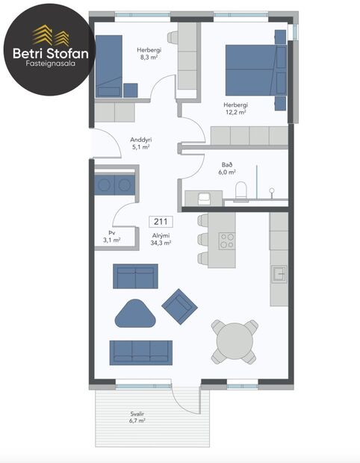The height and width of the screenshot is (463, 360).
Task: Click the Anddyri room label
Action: point(140,143)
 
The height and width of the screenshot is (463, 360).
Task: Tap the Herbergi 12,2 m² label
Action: point(236,109)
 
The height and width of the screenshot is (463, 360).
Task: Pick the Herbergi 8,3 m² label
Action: point(149,54)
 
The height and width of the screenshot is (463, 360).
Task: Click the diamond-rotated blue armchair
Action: point(179,305)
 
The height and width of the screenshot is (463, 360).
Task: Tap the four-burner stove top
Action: point(226,240)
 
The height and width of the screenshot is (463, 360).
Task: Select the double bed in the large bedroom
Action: point(255,71)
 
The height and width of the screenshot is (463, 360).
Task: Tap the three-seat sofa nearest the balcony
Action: point(141,352)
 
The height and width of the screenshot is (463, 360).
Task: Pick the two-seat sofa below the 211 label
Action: point(135,276)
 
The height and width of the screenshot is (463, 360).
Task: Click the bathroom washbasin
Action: point(202,197)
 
